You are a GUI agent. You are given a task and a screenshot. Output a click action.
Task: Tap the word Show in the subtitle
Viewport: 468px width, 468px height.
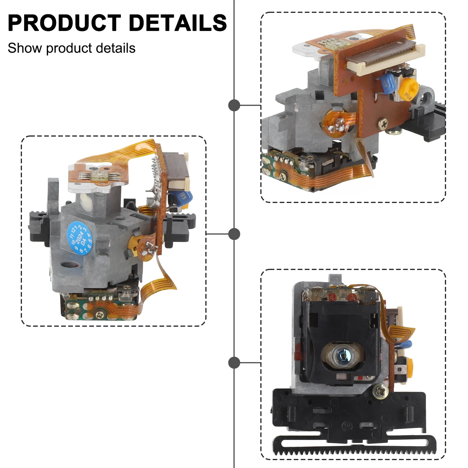tap(25, 48)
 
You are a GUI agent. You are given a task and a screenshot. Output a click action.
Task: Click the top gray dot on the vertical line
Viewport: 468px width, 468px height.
tap(234, 105)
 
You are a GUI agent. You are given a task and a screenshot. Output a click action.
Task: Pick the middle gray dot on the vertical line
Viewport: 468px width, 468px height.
tap(234, 234)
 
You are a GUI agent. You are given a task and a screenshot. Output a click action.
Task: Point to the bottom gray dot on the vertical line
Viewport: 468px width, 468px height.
tap(234, 363)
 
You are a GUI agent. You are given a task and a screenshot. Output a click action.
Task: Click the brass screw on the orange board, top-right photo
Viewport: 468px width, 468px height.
tap(383, 124)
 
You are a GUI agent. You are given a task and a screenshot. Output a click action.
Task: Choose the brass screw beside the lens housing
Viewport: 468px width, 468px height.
tap(380, 391)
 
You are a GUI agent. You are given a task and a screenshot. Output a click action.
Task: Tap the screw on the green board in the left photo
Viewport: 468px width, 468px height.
tap(99, 314)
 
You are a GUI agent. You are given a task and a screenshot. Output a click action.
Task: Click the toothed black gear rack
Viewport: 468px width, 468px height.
tap(354, 446)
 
